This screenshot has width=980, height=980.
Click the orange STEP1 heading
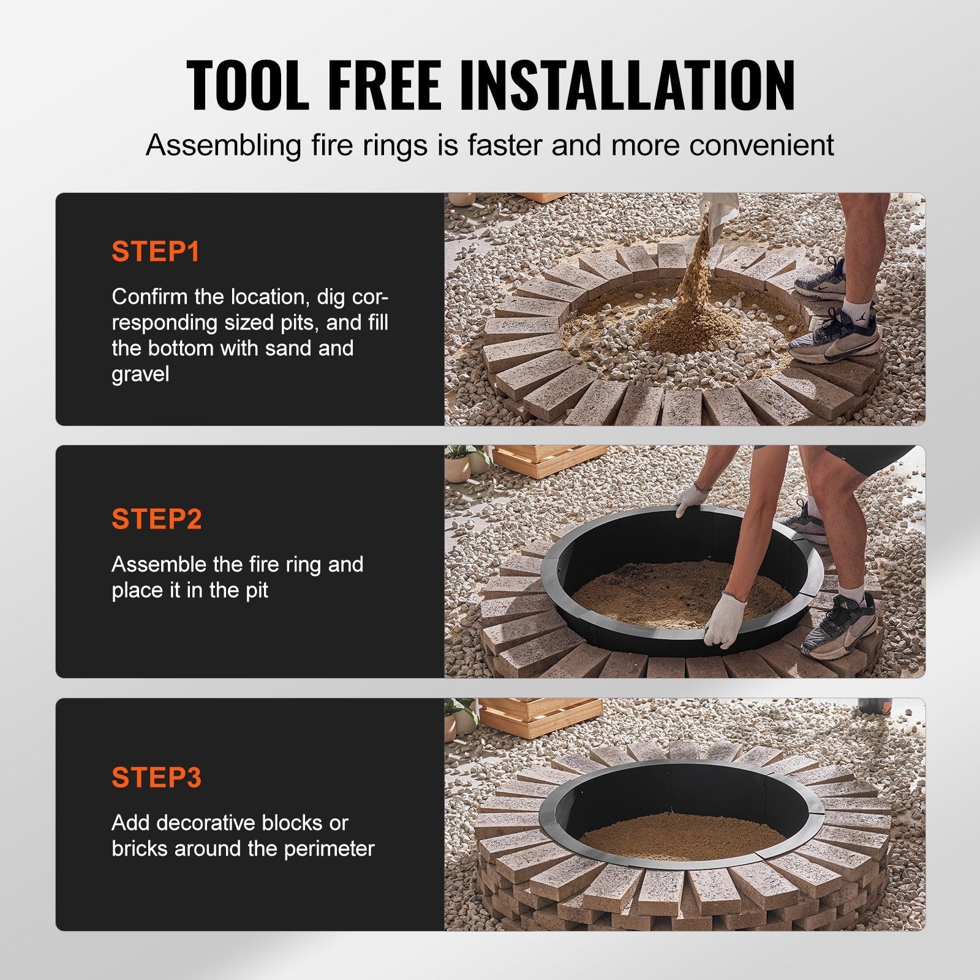click(156, 252)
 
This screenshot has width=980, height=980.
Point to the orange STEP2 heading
click(156, 519)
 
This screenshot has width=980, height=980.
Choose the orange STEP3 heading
click(156, 777)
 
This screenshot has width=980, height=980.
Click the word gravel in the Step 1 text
click(140, 374)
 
